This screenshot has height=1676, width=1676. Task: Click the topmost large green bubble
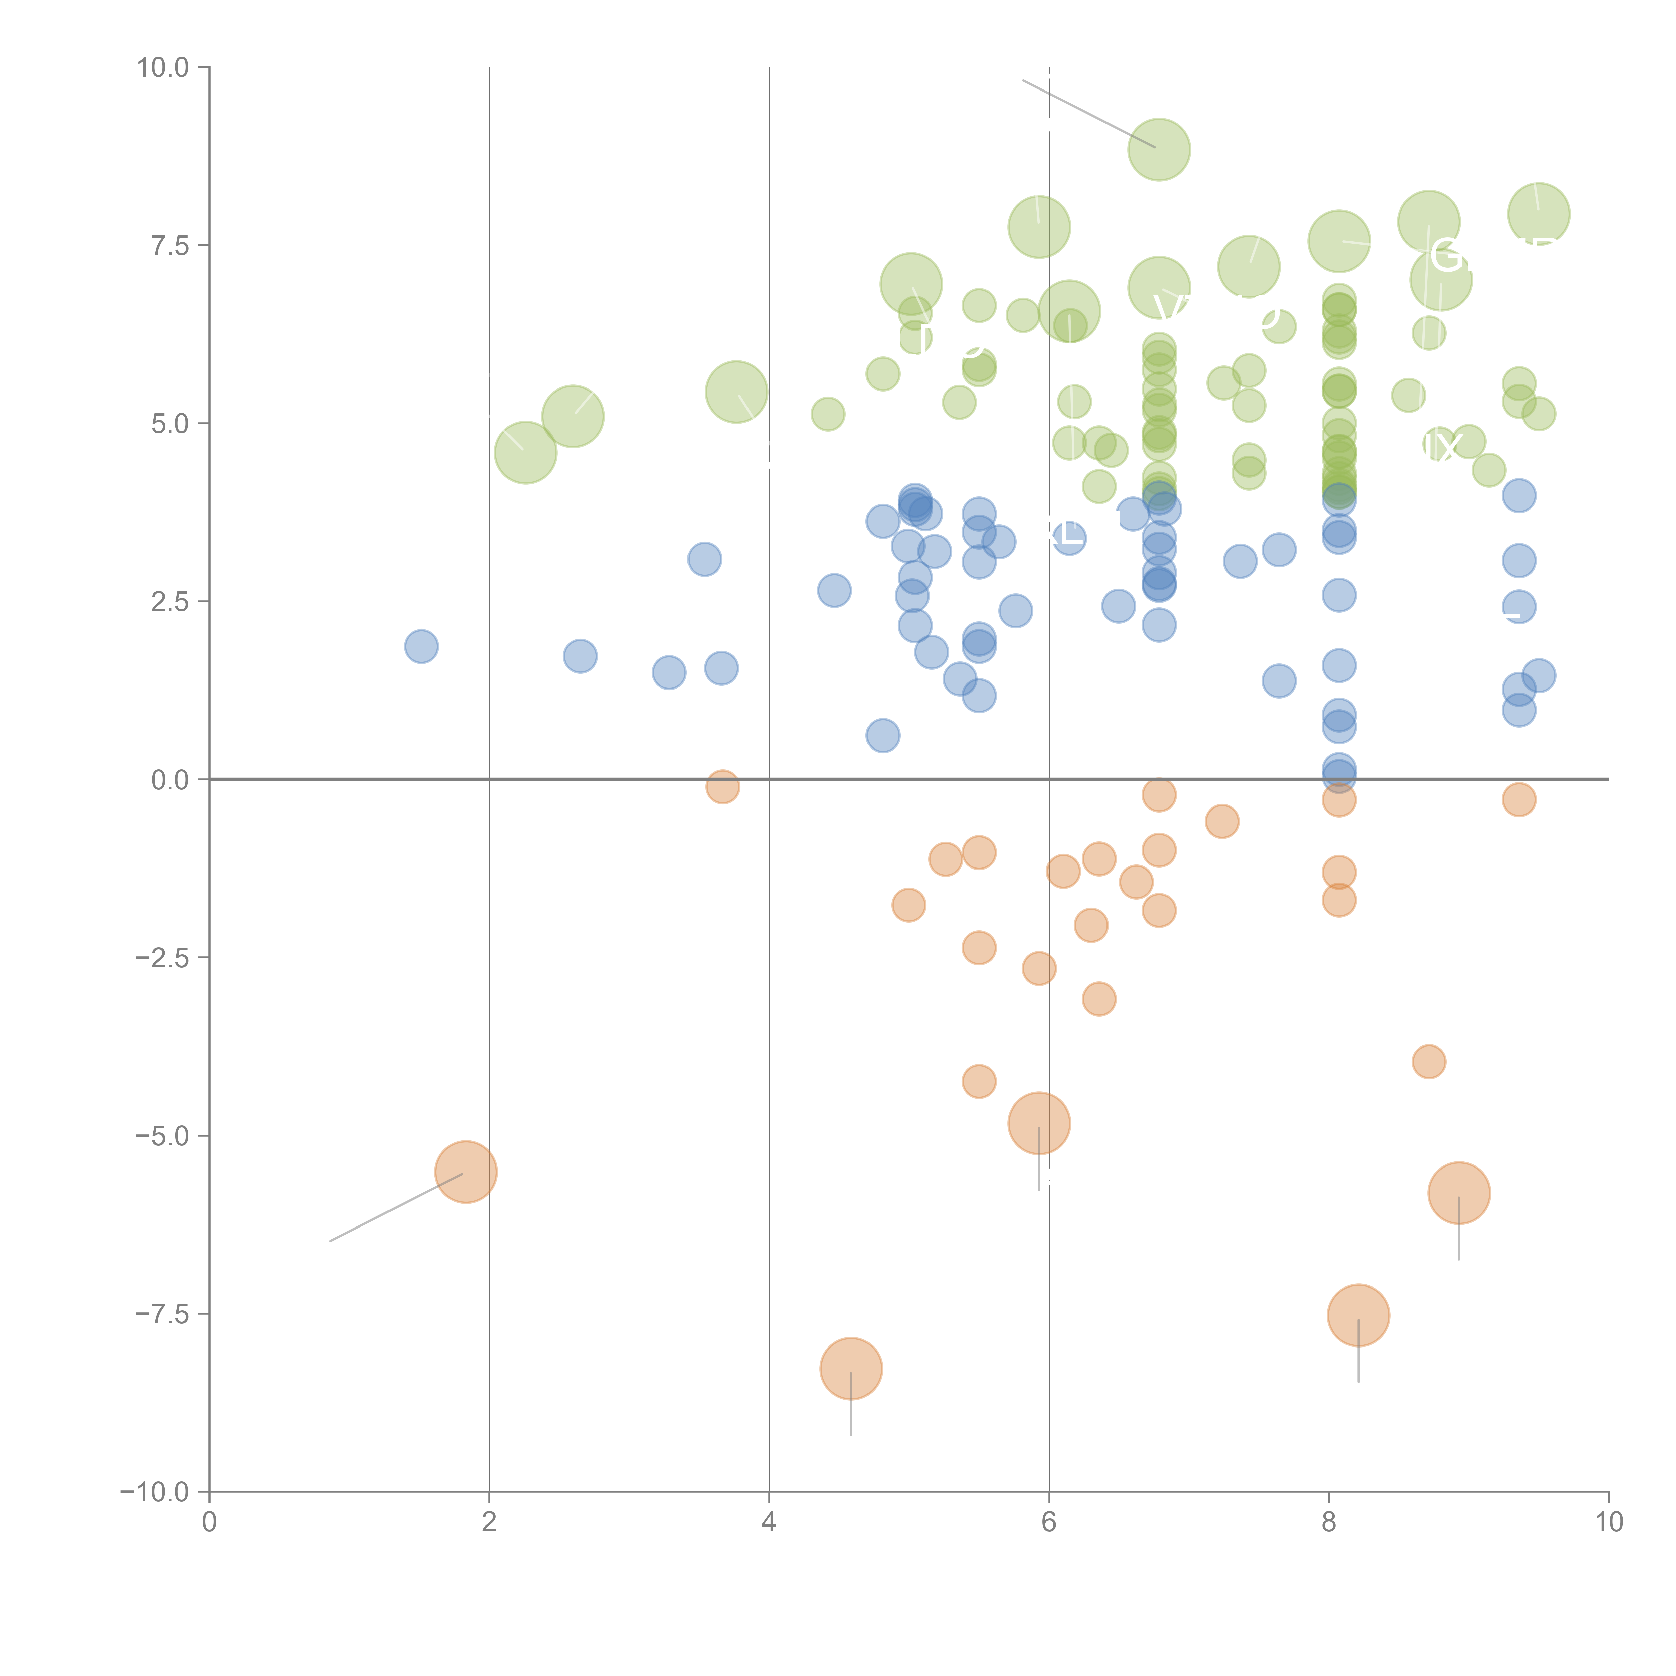point(1159,149)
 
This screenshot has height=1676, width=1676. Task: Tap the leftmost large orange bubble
point(466,1172)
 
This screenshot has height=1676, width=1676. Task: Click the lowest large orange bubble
point(851,1368)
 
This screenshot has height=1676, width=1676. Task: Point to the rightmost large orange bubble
point(1459,1193)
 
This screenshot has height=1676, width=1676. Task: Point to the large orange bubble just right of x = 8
point(1359,1315)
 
